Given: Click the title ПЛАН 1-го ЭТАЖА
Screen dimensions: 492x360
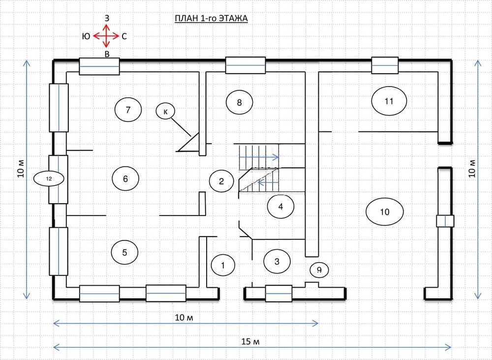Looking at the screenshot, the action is [211, 19].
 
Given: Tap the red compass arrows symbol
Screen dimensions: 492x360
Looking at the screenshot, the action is [106, 36].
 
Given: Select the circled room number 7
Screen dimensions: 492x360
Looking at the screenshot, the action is [128, 110].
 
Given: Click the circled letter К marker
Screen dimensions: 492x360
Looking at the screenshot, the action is [165, 111].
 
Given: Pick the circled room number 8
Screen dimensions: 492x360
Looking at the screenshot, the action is [240, 102].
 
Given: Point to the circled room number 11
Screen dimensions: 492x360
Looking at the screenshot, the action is [389, 101].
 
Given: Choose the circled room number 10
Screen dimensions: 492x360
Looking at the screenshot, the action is [385, 211].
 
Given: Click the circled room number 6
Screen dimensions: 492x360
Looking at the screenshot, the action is [125, 179].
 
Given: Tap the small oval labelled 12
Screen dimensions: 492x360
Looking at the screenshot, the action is [49, 179].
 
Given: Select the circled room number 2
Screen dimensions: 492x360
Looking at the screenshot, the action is [221, 181].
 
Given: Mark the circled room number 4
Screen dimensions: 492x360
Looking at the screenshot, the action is [280, 207].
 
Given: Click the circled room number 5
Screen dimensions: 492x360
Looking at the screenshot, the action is [124, 252].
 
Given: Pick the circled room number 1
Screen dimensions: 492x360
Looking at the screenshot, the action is [223, 265].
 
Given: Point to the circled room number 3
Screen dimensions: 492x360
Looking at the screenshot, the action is [277, 261].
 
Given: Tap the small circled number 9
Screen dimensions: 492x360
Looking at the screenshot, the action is [319, 270].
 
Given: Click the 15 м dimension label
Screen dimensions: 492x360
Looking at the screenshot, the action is [250, 341].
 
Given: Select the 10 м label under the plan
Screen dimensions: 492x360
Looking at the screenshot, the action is [184, 318].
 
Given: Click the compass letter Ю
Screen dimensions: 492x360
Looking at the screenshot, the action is [86, 36].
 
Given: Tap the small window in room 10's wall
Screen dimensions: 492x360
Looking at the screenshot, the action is [445, 221].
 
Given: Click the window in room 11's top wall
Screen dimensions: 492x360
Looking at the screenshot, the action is [385, 65].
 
